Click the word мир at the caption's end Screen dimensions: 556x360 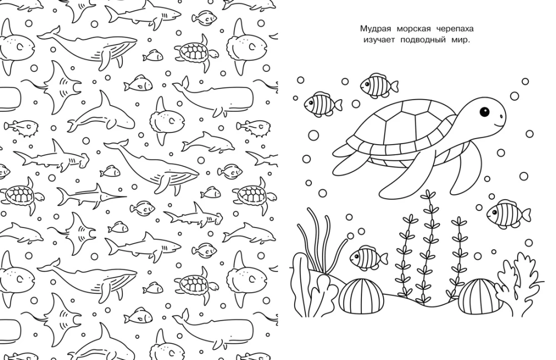pos(461,40)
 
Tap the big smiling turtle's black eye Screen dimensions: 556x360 pos(484,112)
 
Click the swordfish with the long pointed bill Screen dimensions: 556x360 pos(91,195)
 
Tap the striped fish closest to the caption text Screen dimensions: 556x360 pos(379,86)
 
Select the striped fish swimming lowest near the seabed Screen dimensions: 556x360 pos(369,257)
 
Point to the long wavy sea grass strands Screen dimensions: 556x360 pos(321,241)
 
